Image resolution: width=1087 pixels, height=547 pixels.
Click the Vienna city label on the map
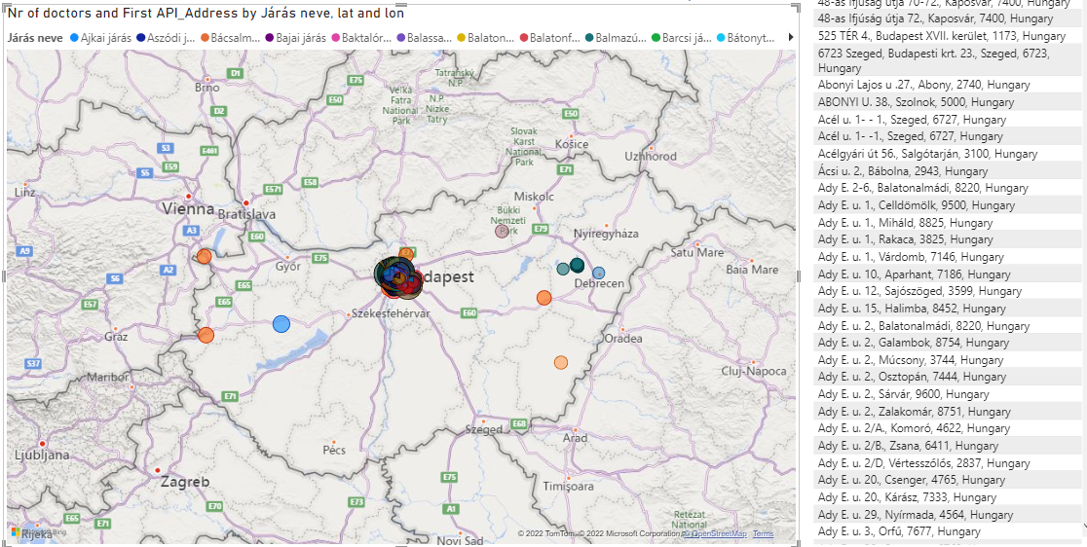188,207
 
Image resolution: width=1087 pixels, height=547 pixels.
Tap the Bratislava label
244,213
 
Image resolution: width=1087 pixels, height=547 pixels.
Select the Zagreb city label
185,482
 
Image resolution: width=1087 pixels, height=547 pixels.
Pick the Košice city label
571,144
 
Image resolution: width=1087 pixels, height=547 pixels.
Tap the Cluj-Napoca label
753,371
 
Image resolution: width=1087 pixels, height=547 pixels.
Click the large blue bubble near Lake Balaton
281,324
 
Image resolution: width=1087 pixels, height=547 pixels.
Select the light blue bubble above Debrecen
598,273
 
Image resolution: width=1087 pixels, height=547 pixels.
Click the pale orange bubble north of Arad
561,363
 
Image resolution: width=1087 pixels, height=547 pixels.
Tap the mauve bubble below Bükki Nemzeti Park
502,232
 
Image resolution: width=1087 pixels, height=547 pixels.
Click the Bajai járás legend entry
298,38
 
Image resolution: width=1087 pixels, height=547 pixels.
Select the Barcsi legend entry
681,38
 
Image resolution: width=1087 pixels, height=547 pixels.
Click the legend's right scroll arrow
790,38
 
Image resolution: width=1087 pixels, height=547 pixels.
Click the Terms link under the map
763,533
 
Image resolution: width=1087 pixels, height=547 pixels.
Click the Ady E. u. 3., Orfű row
899,531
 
